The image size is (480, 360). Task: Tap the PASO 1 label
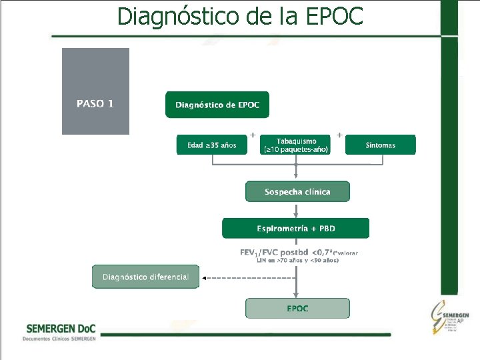tap(95, 103)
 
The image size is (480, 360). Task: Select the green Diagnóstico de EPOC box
tap(217, 105)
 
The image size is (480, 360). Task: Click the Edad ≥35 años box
tap(211, 145)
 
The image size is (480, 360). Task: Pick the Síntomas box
tap(381, 145)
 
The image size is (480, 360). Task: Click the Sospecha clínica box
tap(297, 192)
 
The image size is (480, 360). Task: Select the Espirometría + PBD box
tap(296, 229)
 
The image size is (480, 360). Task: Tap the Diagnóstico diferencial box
tap(145, 277)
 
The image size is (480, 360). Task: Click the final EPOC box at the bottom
tap(297, 309)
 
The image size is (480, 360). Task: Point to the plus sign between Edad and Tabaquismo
tap(253, 135)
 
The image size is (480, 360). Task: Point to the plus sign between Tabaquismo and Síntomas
tap(339, 135)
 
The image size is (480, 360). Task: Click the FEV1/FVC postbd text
tap(274, 253)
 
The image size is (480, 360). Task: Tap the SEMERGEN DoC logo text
tap(60, 329)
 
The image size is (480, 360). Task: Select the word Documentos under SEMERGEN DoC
tap(37, 339)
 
